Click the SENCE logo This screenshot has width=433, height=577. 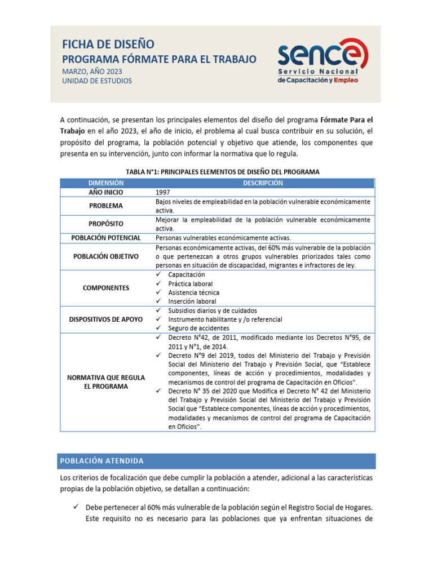pyautogui.click(x=322, y=64)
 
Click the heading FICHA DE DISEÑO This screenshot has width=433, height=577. pyautogui.click(x=107, y=45)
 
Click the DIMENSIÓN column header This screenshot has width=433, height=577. pyautogui.click(x=105, y=183)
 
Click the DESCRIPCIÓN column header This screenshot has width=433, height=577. pyautogui.click(x=263, y=183)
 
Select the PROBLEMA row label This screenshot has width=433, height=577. pyautogui.click(x=105, y=206)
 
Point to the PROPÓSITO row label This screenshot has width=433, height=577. pyautogui.click(x=105, y=224)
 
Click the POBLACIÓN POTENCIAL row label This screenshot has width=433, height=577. pyautogui.click(x=105, y=238)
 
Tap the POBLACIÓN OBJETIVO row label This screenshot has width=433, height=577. pyautogui.click(x=105, y=256)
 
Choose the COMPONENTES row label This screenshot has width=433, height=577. pyautogui.click(x=105, y=288)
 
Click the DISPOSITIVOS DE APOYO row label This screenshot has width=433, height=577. pyautogui.click(x=105, y=319)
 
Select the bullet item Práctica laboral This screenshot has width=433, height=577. pyautogui.click(x=190, y=283)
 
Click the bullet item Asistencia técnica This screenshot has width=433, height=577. pyautogui.click(x=193, y=292)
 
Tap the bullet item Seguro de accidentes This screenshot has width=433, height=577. pyautogui.click(x=198, y=328)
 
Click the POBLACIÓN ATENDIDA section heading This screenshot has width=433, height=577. pyautogui.click(x=102, y=461)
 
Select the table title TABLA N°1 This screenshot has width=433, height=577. pyautogui.click(x=218, y=172)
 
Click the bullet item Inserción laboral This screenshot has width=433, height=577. pyautogui.click(x=192, y=301)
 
